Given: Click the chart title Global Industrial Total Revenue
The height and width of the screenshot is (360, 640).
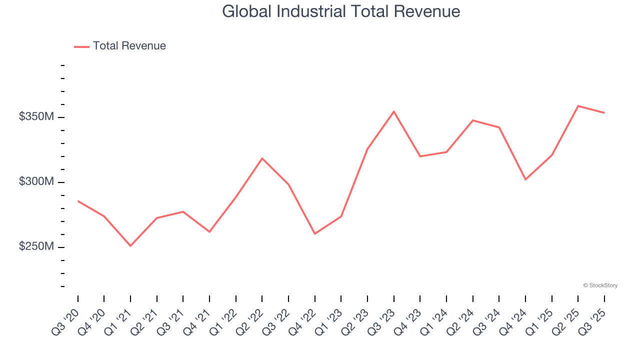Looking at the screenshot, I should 341,11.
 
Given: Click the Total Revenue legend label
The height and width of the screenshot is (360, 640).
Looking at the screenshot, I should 129,46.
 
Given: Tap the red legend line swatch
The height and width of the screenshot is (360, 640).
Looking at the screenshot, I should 81,46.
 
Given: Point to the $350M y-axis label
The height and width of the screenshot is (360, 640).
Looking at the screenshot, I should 36,117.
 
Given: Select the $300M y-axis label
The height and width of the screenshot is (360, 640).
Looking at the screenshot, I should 36,182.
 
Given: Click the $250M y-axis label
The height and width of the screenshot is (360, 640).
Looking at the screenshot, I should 36,247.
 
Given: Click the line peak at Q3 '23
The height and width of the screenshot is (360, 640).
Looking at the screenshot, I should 394,111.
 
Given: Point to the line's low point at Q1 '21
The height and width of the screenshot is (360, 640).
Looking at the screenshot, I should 130,245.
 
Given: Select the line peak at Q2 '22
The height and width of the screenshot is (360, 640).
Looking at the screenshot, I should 262,158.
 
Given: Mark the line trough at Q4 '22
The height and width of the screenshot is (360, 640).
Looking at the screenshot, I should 315,233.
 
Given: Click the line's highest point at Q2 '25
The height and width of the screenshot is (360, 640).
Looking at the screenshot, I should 578,106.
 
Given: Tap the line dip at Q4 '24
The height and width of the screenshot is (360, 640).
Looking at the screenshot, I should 525,179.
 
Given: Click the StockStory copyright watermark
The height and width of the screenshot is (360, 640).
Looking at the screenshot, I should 600,285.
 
